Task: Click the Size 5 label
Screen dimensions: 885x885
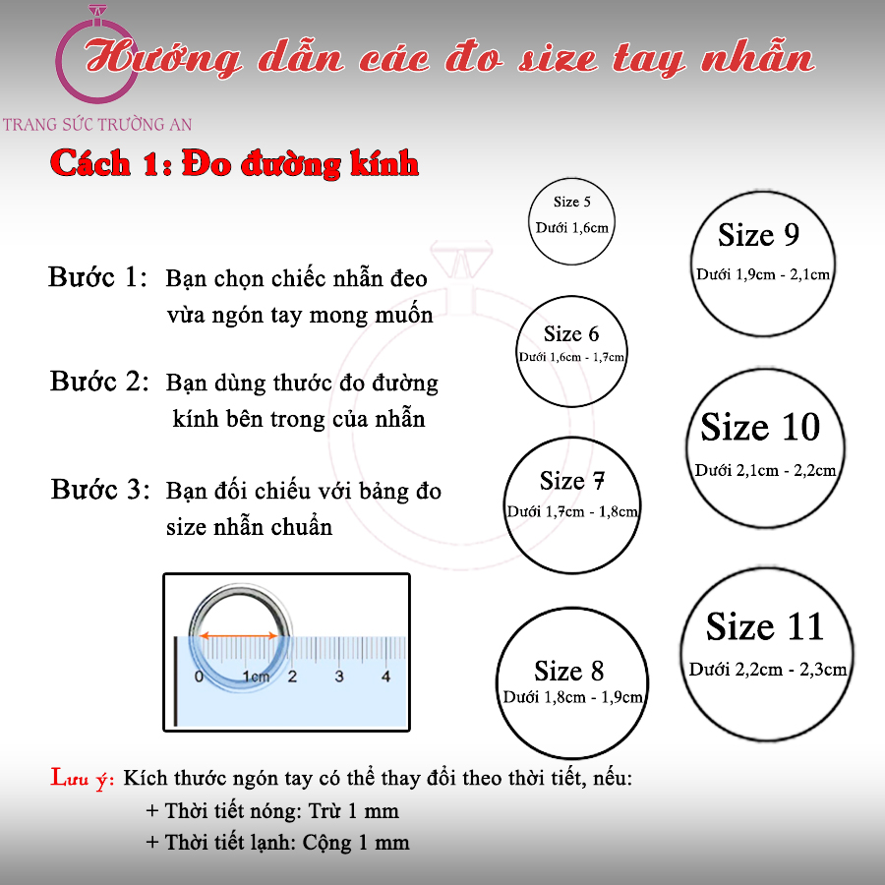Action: coord(571,202)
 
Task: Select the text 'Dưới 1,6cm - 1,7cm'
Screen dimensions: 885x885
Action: coord(571,357)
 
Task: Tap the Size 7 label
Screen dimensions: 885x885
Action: coord(571,480)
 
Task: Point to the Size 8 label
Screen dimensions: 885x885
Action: coord(569,671)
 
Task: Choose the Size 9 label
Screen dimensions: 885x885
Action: coord(758,234)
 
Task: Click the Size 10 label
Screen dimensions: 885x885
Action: coord(760,427)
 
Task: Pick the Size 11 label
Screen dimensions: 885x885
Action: coord(765,626)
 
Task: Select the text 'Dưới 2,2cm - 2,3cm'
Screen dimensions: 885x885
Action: coord(768,670)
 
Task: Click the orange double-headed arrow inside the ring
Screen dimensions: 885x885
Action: coord(239,635)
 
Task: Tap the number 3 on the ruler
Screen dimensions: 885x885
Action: coord(338,676)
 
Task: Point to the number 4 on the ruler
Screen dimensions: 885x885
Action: coord(385,676)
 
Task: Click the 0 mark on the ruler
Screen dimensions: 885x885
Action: coord(199,676)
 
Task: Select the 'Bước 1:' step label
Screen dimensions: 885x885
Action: coord(97,276)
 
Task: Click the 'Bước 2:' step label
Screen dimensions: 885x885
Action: coord(98,381)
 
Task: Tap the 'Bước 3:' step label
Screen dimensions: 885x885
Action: coord(100,489)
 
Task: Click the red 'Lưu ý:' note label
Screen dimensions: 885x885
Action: coord(83,779)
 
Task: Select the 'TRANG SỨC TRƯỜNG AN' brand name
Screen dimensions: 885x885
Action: coord(97,124)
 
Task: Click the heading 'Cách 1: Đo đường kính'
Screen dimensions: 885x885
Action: coord(234,163)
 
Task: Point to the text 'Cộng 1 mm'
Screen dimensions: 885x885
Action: coord(356,843)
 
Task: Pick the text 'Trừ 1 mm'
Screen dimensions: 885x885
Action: coord(353,811)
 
